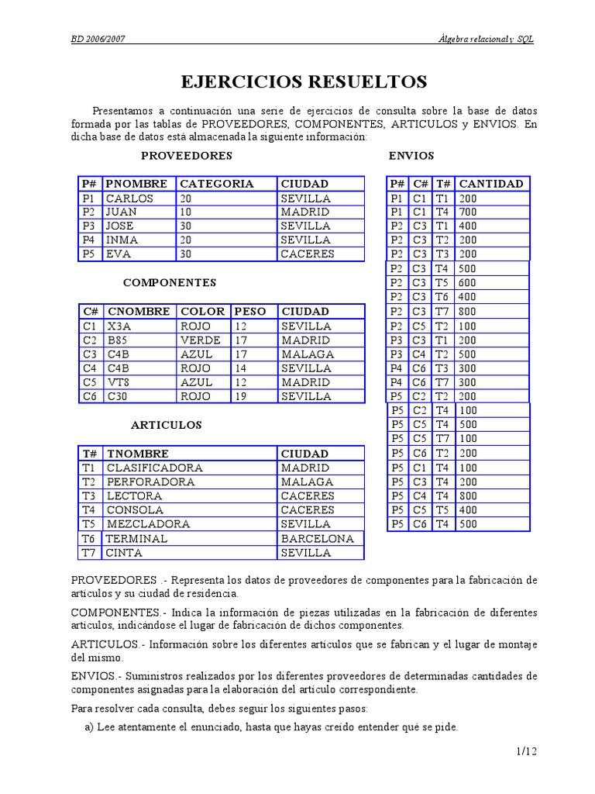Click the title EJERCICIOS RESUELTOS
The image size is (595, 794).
tap(304, 81)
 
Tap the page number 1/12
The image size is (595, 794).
tap(525, 751)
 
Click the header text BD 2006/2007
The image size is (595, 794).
tap(98, 40)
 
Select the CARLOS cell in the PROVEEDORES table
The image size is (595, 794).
tap(129, 198)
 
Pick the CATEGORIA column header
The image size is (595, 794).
tap(216, 184)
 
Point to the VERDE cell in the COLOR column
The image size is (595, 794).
tap(201, 340)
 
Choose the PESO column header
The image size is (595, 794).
tap(250, 312)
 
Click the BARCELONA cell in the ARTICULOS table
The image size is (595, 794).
tap(317, 539)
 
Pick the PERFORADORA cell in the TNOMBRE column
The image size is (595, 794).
tap(144, 482)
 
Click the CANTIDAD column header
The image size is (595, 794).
tap(490, 184)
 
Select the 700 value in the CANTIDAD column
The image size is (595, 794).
tap(468, 212)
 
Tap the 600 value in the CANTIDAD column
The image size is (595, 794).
tap(468, 283)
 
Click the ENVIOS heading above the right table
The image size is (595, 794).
tap(411, 156)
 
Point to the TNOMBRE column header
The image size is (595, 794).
tap(137, 454)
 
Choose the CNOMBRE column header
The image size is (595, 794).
tap(139, 312)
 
